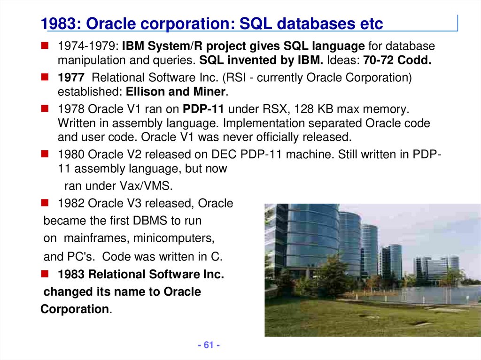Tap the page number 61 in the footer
click(209, 345)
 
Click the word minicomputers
click(174, 238)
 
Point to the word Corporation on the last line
click(75, 309)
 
